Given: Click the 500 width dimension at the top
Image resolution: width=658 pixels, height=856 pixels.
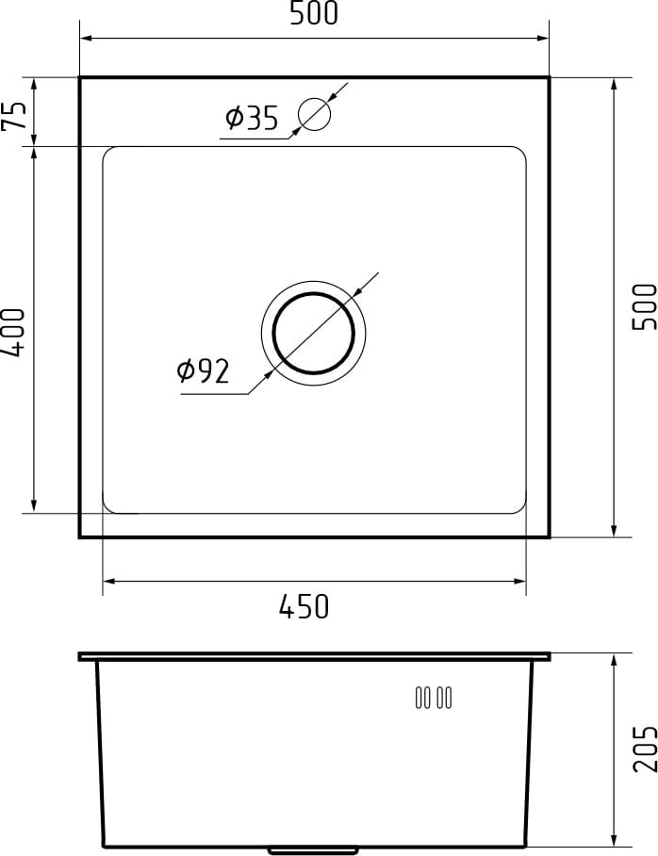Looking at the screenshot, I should click(314, 14).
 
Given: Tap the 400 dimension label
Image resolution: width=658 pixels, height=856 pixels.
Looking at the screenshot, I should click(13, 332).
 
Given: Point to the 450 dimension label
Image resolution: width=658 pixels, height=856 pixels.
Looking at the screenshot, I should click(304, 607).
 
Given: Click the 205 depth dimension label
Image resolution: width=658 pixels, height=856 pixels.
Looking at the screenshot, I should click(644, 749).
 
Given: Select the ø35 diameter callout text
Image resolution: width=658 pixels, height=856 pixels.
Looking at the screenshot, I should click(252, 119).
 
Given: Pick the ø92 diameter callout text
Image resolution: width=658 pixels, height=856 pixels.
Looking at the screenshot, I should click(203, 371).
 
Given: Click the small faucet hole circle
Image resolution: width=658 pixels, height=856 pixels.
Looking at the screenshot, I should click(314, 114).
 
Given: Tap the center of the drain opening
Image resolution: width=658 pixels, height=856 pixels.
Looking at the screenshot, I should click(314, 333).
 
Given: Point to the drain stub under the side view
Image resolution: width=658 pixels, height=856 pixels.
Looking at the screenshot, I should click(314, 850).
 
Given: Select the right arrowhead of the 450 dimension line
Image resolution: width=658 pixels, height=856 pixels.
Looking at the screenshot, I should click(520, 582).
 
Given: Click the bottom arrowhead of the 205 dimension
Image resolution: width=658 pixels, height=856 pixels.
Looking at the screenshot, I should click(615, 840).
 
